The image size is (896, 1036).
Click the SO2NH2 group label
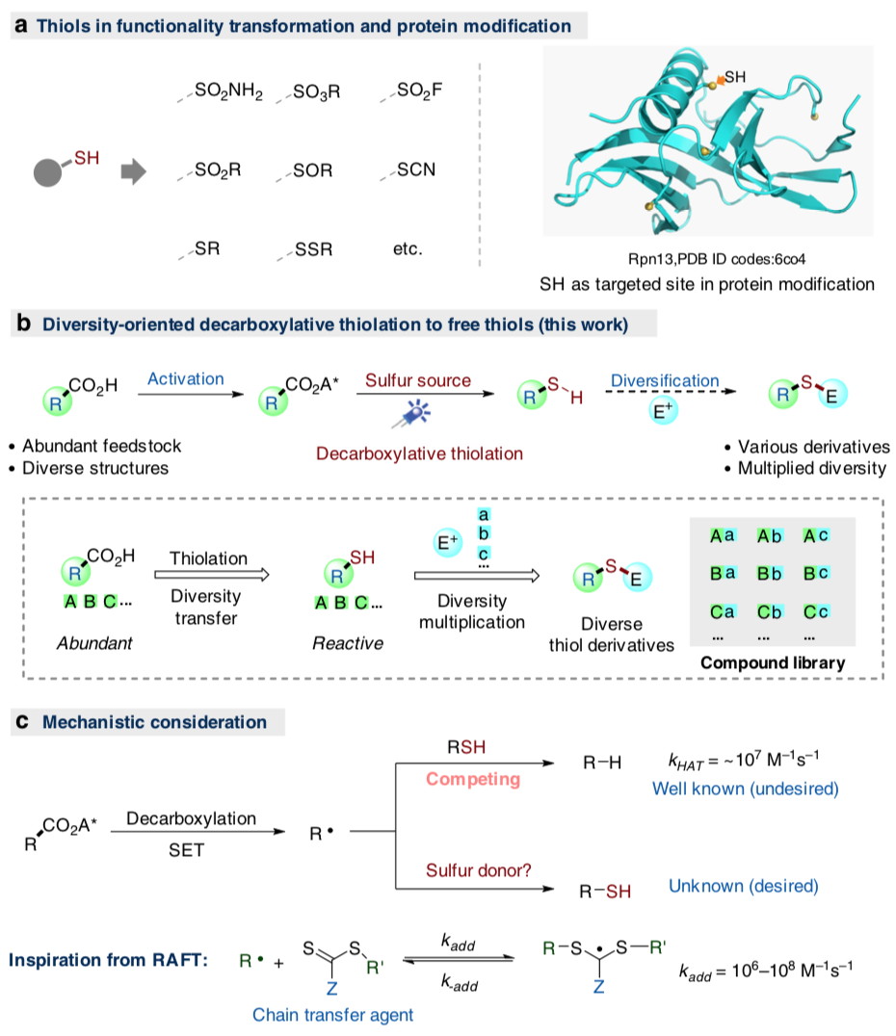tap(228, 94)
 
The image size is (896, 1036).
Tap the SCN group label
tap(415, 169)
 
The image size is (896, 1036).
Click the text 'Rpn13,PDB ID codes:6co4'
tap(707, 258)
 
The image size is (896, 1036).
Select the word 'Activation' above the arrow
tap(186, 380)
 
